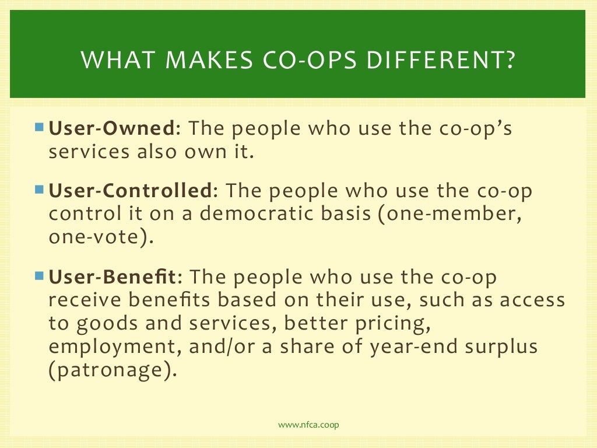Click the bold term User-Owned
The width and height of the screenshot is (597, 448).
[x=111, y=128]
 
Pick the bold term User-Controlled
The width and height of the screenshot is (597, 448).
[x=129, y=191]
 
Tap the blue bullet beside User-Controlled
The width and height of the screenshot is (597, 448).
[x=39, y=188]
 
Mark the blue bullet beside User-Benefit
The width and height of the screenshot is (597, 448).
[x=39, y=275]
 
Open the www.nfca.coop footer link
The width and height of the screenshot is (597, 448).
[x=308, y=425]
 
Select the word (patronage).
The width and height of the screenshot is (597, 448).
[x=112, y=370]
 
